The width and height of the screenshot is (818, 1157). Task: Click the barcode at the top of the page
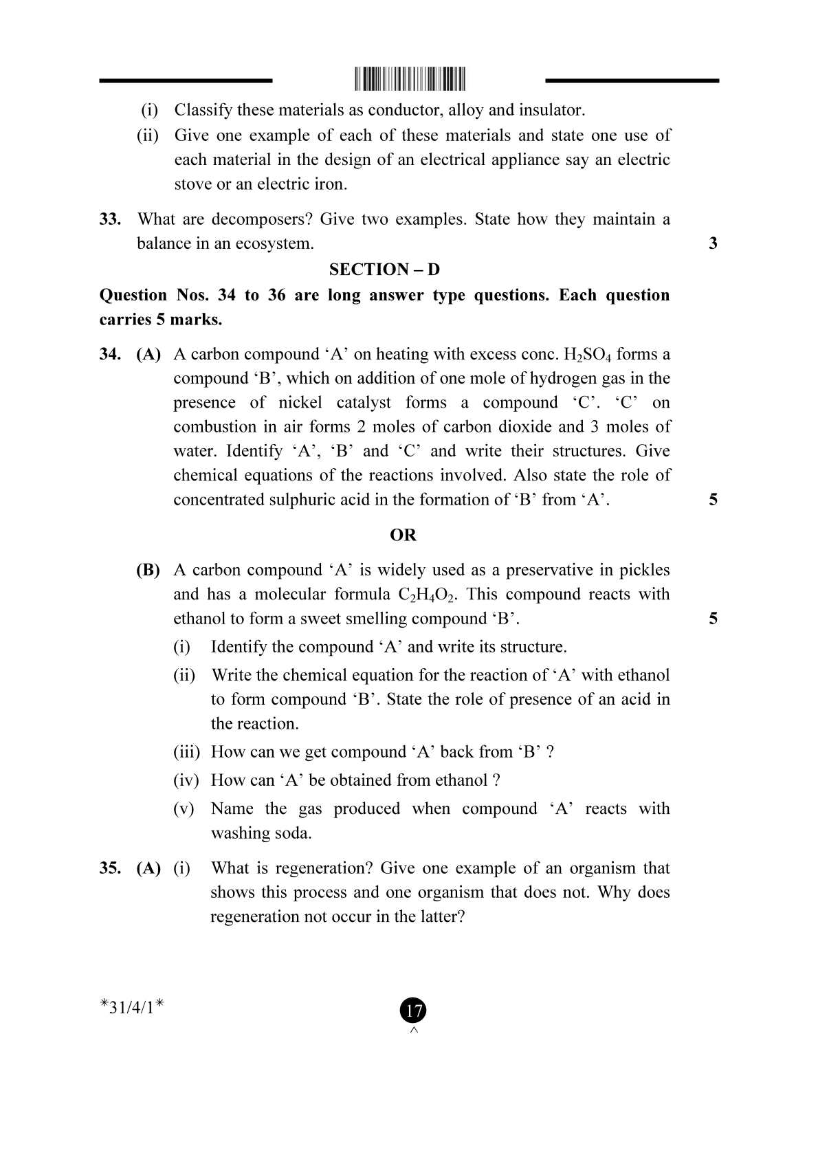(x=410, y=80)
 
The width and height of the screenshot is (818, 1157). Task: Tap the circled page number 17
(x=413, y=1011)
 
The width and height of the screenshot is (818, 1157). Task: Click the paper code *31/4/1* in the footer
(x=131, y=1008)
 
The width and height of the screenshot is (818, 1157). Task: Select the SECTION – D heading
(x=384, y=269)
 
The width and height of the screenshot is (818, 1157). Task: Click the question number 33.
(x=110, y=219)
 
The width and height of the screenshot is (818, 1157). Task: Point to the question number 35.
(x=110, y=868)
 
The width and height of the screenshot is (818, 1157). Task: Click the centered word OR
(x=403, y=536)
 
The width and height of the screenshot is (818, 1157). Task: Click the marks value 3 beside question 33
(x=713, y=243)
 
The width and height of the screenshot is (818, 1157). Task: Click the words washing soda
(x=261, y=833)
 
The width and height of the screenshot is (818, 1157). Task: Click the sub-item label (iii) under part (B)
(x=186, y=752)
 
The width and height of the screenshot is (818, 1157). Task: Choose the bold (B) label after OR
(x=148, y=570)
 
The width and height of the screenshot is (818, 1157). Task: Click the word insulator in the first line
(x=551, y=110)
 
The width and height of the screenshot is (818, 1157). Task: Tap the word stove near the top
(x=192, y=184)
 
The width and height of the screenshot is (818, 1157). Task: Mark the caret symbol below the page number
(x=414, y=1030)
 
